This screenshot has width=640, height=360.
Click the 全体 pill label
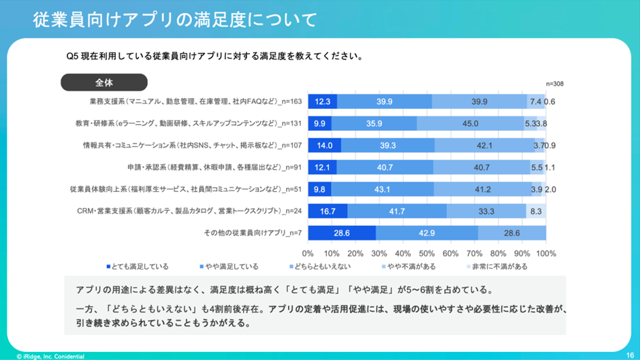[x=104, y=82]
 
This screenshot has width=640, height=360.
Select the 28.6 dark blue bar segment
[x=342, y=233]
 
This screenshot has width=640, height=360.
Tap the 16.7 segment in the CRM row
[x=327, y=211]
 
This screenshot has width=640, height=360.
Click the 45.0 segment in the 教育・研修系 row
[x=470, y=124]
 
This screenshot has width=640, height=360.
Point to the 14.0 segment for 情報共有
[x=325, y=146]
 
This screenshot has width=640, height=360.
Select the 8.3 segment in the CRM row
[x=535, y=211]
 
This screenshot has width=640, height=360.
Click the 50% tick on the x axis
[x=427, y=253]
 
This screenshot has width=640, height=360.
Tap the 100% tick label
[x=545, y=253]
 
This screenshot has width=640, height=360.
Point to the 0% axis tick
[x=308, y=253]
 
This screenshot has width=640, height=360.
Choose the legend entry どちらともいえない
[x=321, y=267]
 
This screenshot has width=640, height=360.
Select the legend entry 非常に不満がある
[x=496, y=267]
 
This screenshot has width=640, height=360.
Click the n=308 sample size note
[x=554, y=84]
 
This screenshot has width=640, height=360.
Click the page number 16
[x=630, y=355]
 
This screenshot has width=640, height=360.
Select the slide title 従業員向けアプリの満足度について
[x=175, y=20]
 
